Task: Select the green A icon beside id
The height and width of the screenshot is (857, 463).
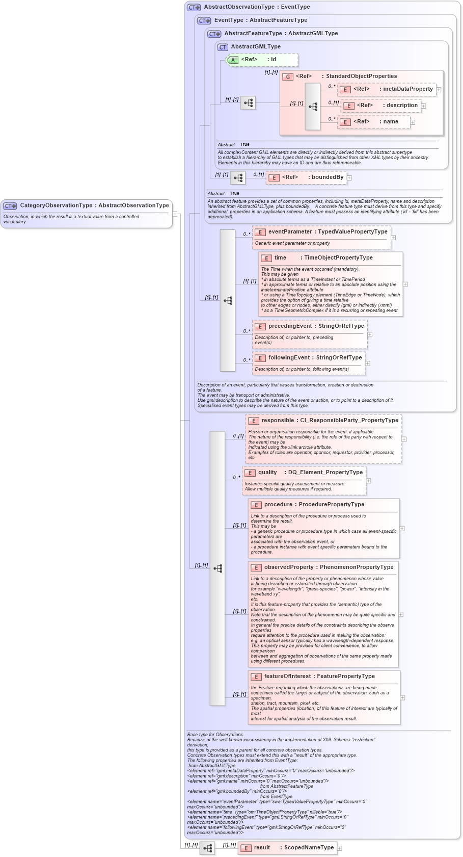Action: pyautogui.click(x=233, y=60)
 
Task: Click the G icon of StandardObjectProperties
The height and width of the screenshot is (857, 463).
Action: pyautogui.click(x=288, y=76)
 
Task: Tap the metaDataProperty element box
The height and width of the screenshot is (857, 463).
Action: pyautogui.click(x=387, y=89)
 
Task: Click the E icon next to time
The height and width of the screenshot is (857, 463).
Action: pyautogui.click(x=266, y=258)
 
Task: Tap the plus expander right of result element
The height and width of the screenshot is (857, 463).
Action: pyautogui.click(x=340, y=848)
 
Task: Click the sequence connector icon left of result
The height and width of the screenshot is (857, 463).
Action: pyautogui.click(x=207, y=848)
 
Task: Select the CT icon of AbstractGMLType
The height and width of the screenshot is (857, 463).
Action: pyautogui.click(x=223, y=47)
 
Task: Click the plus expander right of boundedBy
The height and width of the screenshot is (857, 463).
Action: pyautogui.click(x=349, y=178)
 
